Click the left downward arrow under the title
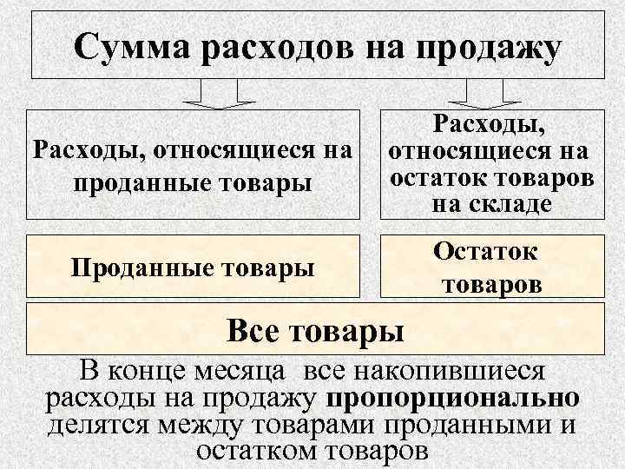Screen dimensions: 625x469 217,94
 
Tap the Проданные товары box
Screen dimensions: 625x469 193,267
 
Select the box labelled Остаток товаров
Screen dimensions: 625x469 490,267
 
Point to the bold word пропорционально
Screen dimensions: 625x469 454,399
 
